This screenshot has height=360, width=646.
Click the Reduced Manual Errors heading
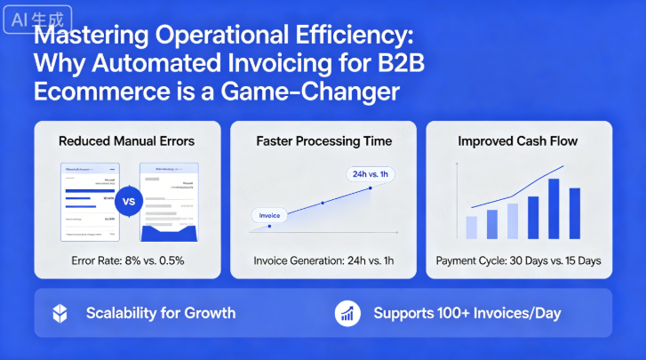[127, 141]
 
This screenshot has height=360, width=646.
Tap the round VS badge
[128, 202]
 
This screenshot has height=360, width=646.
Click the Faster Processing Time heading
[323, 141]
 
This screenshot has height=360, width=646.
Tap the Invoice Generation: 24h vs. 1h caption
[323, 261]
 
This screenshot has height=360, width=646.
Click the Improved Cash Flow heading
[519, 141]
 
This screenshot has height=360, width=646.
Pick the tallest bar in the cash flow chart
[554, 209]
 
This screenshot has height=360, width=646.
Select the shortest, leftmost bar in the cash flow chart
[472, 228]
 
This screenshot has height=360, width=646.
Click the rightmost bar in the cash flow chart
[574, 214]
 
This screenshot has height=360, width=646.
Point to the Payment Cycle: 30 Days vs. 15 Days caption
[519, 261]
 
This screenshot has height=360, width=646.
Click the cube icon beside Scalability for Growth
[60, 313]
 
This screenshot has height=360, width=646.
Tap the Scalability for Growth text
[161, 313]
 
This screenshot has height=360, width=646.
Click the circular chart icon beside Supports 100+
[347, 313]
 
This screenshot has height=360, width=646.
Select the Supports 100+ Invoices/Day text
[467, 313]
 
